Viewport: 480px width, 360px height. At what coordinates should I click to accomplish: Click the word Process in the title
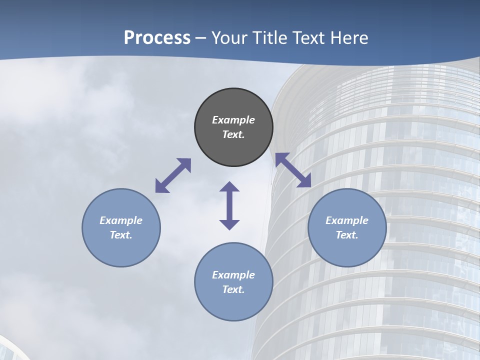pyautogui.click(x=157, y=38)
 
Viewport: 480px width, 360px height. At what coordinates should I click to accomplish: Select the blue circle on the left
pyautogui.click(x=121, y=250)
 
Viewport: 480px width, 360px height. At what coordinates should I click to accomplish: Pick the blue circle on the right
pyautogui.click(x=347, y=250)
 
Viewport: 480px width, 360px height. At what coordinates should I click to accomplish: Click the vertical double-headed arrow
pyautogui.click(x=229, y=205)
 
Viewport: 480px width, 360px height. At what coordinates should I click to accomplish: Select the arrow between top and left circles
pyautogui.click(x=173, y=175)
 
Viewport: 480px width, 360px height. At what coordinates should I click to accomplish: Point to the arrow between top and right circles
pyautogui.click(x=293, y=170)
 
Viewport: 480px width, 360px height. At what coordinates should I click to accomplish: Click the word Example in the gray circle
pyautogui.click(x=233, y=120)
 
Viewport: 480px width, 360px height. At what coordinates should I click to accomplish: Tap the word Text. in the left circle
pyautogui.click(x=121, y=235)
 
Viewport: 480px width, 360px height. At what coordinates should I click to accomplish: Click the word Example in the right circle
pyautogui.click(x=347, y=220)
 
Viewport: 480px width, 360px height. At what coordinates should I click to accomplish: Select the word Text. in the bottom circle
pyautogui.click(x=233, y=289)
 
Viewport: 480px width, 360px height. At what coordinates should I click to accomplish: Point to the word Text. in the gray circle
pyautogui.click(x=233, y=134)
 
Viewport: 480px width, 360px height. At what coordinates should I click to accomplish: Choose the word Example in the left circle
pyautogui.click(x=121, y=220)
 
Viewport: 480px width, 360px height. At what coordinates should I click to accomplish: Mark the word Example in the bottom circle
pyautogui.click(x=233, y=275)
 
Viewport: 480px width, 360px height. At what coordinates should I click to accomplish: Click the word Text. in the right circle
pyautogui.click(x=347, y=235)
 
